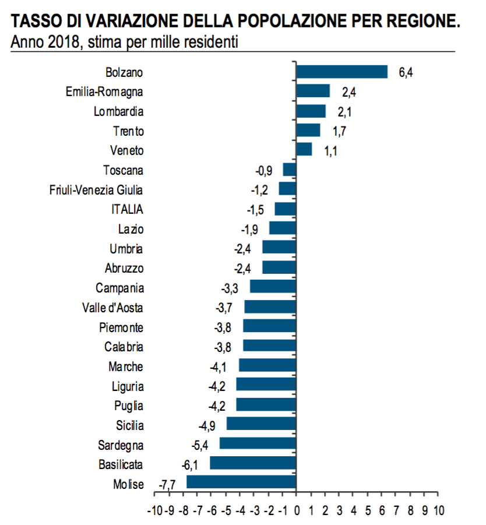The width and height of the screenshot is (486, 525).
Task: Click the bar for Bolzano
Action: [342, 72]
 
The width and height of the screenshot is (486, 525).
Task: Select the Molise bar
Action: [241, 482]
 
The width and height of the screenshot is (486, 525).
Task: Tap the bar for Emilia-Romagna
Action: [314, 91]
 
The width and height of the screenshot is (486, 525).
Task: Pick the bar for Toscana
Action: [290, 170]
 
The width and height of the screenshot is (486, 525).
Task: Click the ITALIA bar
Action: [286, 209]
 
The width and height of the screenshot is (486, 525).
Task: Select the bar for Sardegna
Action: [258, 444]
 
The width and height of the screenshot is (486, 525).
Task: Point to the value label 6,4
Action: [406, 73]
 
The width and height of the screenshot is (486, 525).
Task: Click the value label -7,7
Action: [168, 484]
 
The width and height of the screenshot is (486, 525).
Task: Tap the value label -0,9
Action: [265, 171]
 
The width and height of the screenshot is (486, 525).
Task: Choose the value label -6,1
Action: [191, 464]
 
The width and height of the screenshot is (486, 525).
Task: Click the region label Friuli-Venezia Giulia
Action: [96, 190]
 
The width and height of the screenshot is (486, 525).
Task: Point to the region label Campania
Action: [120, 288]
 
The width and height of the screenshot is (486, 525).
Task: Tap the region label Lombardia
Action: [118, 111]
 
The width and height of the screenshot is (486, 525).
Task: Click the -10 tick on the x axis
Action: [154, 511]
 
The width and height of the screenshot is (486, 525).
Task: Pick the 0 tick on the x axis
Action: [297, 511]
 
